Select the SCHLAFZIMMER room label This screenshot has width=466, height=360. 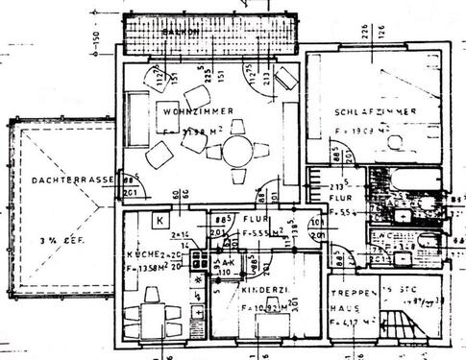tap(376, 112)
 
